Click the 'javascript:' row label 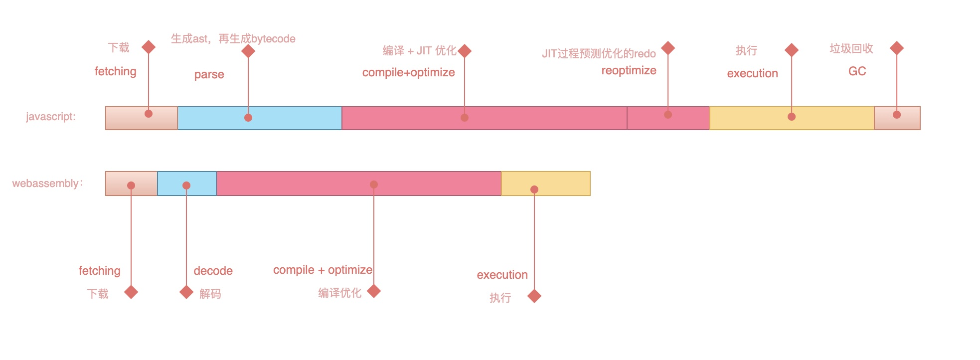[x=51, y=117]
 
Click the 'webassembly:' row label [x=47, y=183]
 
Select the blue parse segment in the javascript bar [x=260, y=118]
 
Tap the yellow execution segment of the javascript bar [x=792, y=118]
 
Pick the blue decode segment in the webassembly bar [x=187, y=183]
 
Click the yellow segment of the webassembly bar [x=546, y=183]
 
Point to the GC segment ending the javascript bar [x=897, y=118]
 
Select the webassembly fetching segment [x=132, y=183]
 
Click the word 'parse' [x=209, y=75]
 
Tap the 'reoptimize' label [x=629, y=70]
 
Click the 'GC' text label [x=857, y=71]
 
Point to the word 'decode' [x=213, y=271]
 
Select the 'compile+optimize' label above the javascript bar [x=409, y=72]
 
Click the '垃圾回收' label [x=851, y=48]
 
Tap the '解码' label [x=210, y=294]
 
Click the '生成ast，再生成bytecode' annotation [x=233, y=39]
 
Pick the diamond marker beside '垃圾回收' [x=897, y=48]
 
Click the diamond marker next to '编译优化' [x=374, y=291]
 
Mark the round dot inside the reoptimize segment [x=668, y=115]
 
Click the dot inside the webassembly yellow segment [x=534, y=189]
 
